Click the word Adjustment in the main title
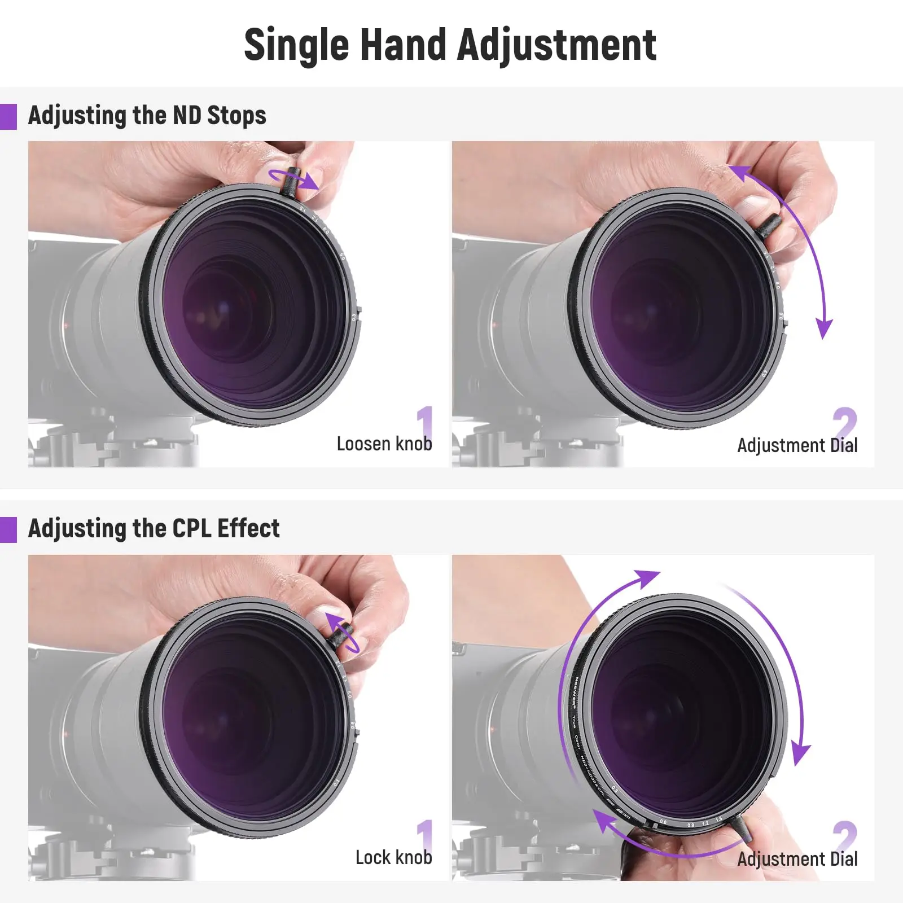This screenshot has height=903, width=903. coord(556,45)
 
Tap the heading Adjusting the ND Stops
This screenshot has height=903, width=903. coord(147,116)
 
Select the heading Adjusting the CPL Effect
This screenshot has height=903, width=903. coord(154,529)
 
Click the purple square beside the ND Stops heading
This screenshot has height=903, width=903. coord(8,117)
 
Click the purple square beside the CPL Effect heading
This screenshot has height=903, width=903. coord(8,530)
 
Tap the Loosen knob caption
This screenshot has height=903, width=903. coord(384,444)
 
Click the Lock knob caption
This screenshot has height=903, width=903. coord(393,858)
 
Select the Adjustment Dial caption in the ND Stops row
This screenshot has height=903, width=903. coord(797,445)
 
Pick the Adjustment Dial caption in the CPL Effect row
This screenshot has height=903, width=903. coord(797,859)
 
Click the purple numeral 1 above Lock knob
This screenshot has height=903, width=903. coord(425,835)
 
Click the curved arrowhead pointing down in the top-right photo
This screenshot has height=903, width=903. coord(825,328)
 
